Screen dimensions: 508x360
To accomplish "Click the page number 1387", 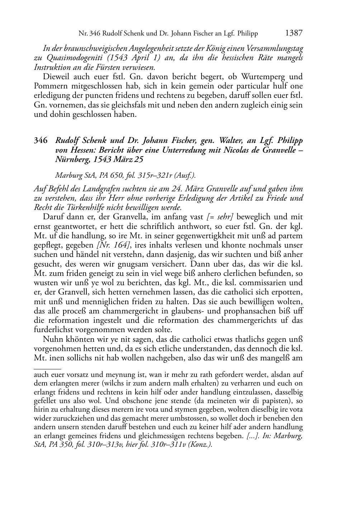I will click(x=294, y=33).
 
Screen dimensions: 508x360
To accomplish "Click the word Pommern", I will click(x=49, y=86).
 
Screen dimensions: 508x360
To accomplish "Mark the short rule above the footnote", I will click(x=47, y=368).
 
